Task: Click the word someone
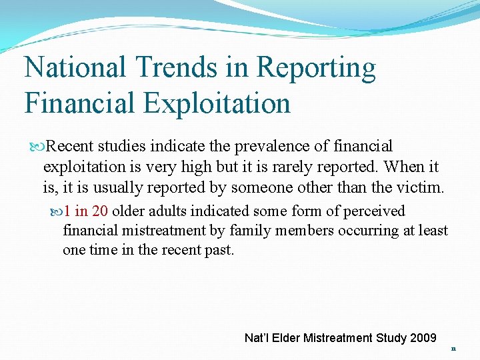(261, 188)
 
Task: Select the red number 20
(100, 211)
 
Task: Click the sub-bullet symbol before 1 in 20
(57, 212)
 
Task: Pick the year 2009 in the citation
(423, 338)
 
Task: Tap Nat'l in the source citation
(256, 338)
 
